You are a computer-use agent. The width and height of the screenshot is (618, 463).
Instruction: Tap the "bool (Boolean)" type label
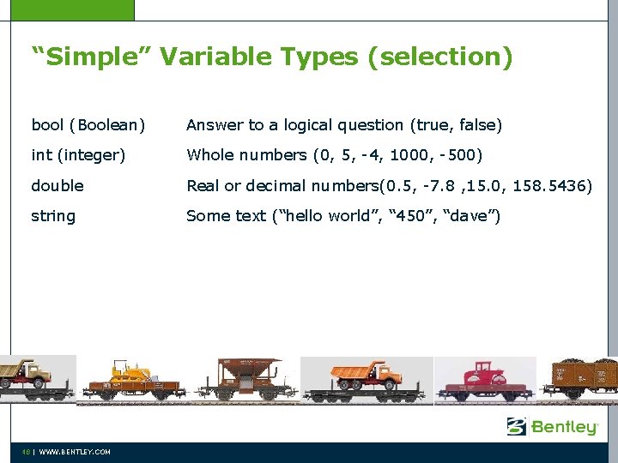[88, 125]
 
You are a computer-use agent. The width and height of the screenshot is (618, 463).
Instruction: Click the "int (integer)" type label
[78, 155]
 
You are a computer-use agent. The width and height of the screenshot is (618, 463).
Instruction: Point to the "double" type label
[58, 185]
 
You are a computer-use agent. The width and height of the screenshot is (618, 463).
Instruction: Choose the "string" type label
[53, 216]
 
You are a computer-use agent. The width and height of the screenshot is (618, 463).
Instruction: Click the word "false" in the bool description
[478, 125]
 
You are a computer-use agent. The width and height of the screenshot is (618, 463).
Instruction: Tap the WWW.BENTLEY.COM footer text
[75, 452]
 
